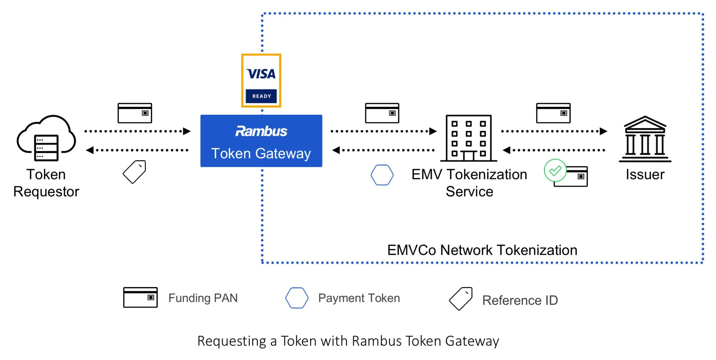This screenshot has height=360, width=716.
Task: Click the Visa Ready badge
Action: pyautogui.click(x=261, y=80)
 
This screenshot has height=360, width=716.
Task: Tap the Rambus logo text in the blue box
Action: pyautogui.click(x=261, y=131)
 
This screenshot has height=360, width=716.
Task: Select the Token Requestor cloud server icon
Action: pyautogui.click(x=46, y=139)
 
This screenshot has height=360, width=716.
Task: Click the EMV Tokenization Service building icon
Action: pyautogui.click(x=468, y=138)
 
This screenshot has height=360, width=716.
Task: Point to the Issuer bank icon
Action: pyautogui.click(x=645, y=139)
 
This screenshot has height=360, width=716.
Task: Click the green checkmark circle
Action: pyautogui.click(x=555, y=170)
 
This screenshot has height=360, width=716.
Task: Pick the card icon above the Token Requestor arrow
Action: pyautogui.click(x=135, y=113)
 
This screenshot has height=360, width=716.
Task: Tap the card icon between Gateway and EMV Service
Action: pyautogui.click(x=382, y=113)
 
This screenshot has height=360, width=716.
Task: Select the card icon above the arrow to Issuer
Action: pyautogui.click(x=553, y=113)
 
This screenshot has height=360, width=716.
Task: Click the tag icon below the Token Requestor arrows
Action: pyautogui.click(x=134, y=172)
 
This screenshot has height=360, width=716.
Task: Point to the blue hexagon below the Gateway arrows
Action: pyautogui.click(x=382, y=175)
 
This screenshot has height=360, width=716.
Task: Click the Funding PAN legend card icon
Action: pyautogui.click(x=140, y=298)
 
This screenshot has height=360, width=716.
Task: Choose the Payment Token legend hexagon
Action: pyautogui.click(x=297, y=298)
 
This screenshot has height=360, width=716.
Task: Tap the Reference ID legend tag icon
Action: pyautogui.click(x=461, y=299)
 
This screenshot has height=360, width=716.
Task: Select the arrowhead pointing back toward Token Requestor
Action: pyautogui.click(x=90, y=150)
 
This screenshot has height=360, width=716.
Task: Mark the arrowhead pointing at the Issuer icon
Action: pyautogui.click(x=603, y=131)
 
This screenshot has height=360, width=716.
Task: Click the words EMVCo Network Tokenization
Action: pyautogui.click(x=482, y=250)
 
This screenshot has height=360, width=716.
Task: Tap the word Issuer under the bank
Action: pyautogui.click(x=645, y=174)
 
